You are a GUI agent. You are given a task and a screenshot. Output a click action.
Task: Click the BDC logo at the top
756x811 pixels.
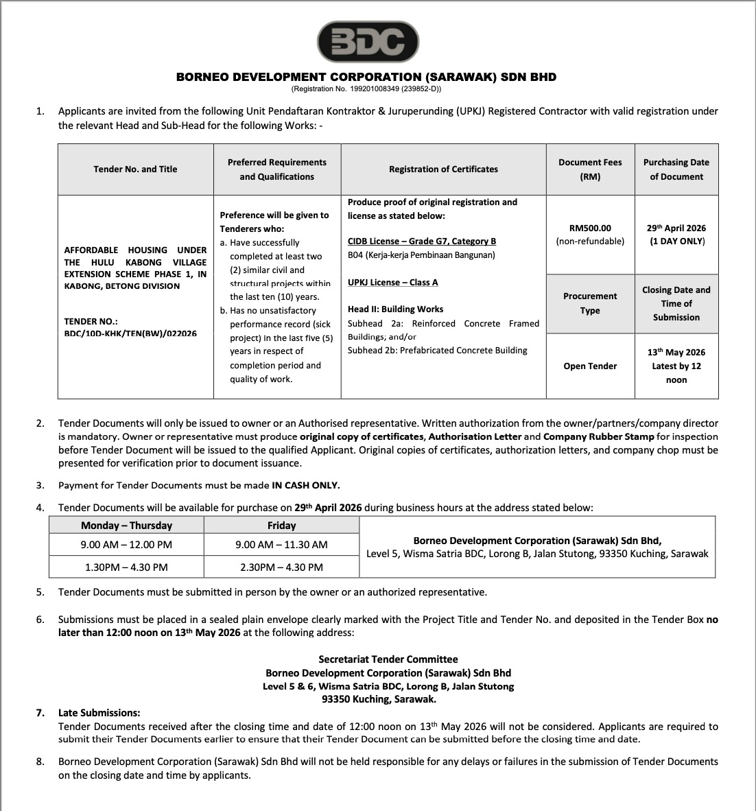[367, 43]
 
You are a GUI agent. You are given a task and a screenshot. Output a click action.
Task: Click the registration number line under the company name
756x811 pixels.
[366, 89]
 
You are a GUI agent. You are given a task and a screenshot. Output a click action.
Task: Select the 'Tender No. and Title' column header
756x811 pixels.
[135, 169]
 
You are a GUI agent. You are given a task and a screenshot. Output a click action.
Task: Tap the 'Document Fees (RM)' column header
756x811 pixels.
[590, 169]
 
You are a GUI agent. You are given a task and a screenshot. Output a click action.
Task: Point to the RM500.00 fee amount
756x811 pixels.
[590, 228]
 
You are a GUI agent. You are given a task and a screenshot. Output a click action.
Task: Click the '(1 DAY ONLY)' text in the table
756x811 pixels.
[676, 241]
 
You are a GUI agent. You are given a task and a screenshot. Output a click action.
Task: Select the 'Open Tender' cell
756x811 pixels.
[590, 366]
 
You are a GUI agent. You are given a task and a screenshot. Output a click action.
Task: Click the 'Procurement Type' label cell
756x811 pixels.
[590, 303]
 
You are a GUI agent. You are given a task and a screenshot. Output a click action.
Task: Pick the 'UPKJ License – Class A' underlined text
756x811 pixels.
[392, 282]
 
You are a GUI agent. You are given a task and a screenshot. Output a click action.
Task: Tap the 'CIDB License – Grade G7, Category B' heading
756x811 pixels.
[421, 241]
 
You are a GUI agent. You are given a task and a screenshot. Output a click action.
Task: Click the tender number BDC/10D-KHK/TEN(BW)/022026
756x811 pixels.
[130, 333]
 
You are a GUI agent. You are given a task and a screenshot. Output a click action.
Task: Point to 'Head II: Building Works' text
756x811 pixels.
[395, 309]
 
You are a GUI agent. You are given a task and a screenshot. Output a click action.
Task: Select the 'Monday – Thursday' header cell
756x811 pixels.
[126, 526]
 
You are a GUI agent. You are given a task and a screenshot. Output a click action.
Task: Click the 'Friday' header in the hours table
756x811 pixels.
[281, 526]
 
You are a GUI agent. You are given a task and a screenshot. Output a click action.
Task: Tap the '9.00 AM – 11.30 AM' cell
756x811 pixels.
[281, 545]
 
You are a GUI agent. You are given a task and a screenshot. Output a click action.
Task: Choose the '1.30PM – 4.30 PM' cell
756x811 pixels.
[126, 567]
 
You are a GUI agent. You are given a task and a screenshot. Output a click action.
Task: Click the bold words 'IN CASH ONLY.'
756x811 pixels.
[306, 485]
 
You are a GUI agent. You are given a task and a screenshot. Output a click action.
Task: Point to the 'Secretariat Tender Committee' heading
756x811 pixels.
[388, 659]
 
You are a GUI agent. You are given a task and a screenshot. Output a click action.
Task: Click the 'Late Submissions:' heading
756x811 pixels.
[99, 713]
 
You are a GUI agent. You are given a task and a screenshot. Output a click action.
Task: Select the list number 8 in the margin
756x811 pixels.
[40, 762]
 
